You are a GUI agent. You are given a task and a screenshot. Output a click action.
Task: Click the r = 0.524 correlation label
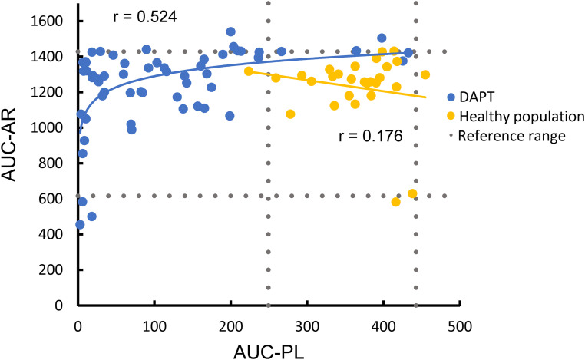(145, 17)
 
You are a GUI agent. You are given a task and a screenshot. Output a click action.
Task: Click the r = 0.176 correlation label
(371, 136)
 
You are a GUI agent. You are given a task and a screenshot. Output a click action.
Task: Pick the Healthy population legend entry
(516, 117)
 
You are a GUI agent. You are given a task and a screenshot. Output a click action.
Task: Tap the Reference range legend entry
(507, 136)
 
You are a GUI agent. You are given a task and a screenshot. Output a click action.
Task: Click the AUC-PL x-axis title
(269, 352)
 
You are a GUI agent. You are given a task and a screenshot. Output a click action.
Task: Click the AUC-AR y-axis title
(9, 145)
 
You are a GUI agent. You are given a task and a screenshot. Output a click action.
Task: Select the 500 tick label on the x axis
(459, 326)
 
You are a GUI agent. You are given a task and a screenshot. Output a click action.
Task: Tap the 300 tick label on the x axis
(306, 326)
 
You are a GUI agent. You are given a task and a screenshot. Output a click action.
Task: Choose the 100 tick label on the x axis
(154, 326)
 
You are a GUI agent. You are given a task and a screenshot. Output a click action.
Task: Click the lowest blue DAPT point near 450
(80, 225)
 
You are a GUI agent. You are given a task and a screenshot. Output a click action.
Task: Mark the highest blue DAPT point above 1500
(230, 31)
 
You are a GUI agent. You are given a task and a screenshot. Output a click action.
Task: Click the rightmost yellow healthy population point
(425, 75)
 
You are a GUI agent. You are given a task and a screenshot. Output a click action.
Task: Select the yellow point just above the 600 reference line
(412, 193)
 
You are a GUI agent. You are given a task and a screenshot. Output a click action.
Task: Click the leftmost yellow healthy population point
(249, 71)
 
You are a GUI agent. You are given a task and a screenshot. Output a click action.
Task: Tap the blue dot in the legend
(451, 97)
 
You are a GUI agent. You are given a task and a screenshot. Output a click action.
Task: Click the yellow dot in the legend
(451, 117)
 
